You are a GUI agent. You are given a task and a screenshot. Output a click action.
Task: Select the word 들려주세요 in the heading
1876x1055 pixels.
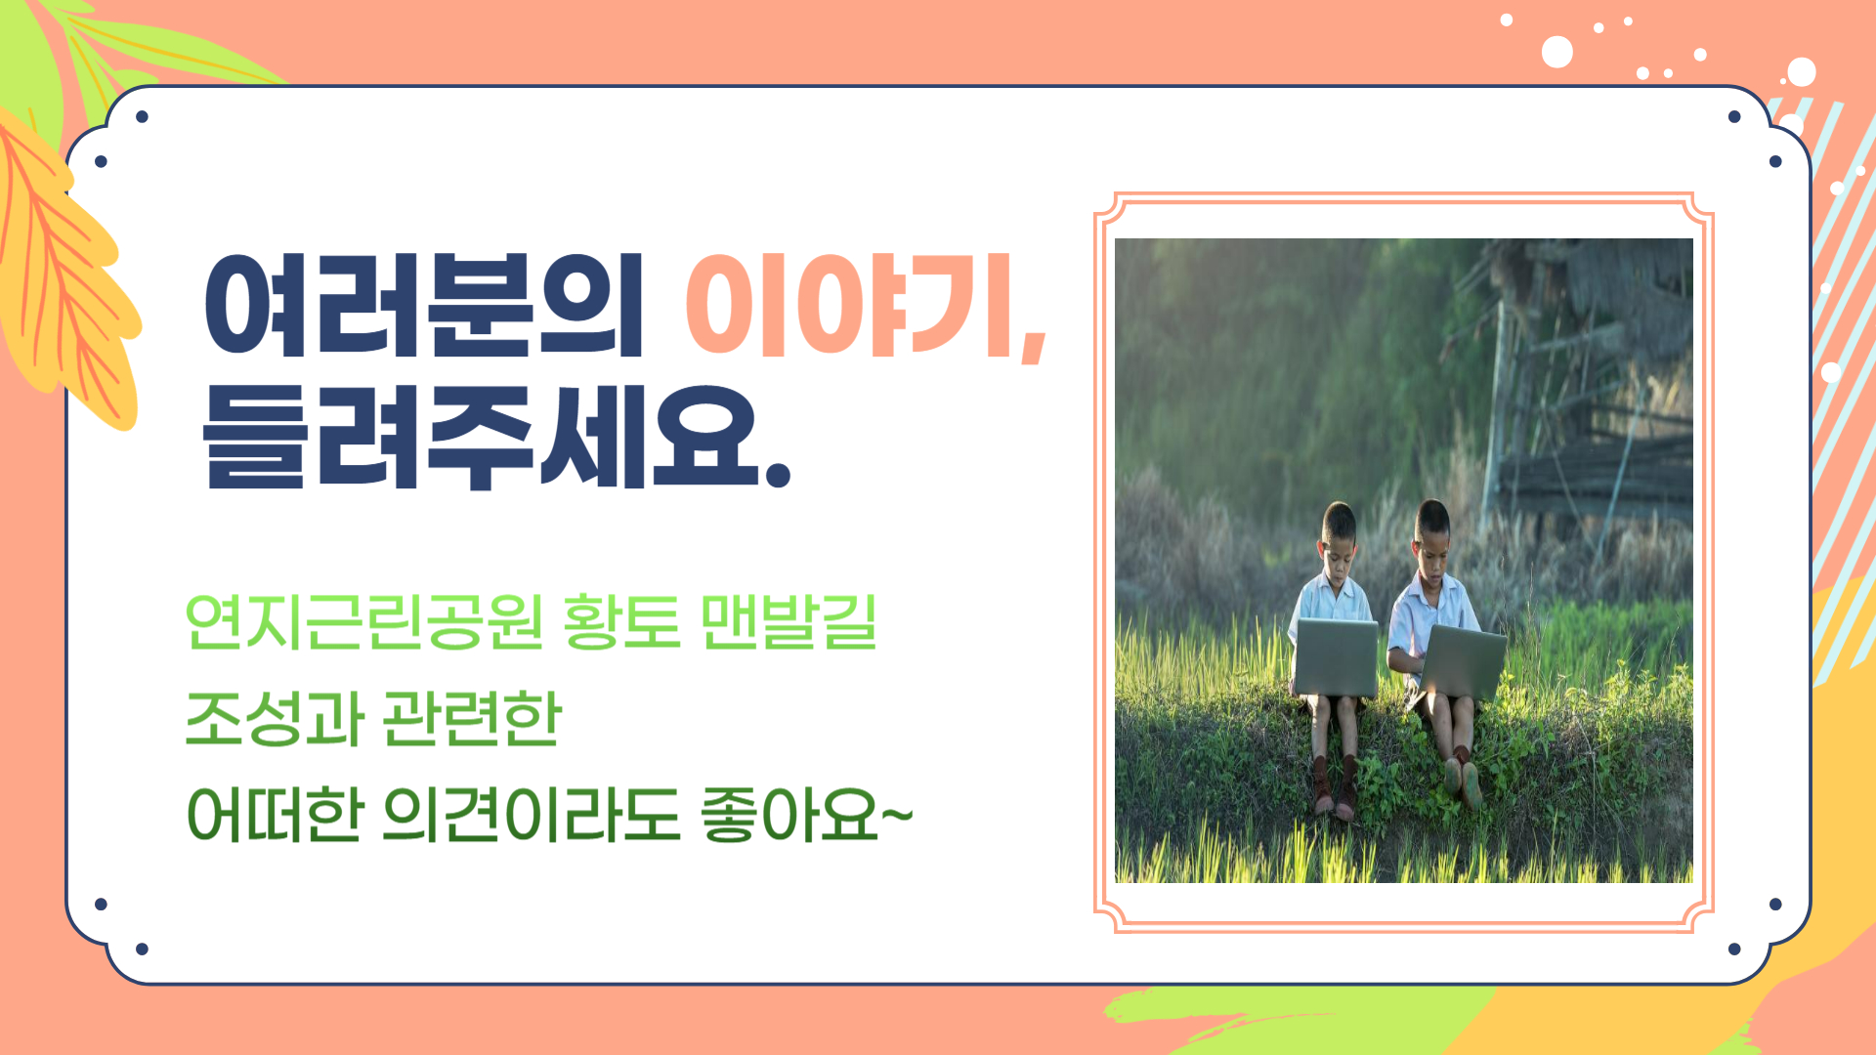click(481, 436)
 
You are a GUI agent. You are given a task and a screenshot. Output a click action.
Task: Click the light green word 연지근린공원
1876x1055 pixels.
click(363, 622)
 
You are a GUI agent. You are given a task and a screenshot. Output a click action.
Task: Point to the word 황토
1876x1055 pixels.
click(621, 622)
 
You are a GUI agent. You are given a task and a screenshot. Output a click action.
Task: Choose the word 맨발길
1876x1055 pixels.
click(789, 622)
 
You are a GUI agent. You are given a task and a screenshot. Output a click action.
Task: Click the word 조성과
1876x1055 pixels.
click(274, 718)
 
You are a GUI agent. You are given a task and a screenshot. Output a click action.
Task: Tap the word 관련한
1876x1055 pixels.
click(472, 718)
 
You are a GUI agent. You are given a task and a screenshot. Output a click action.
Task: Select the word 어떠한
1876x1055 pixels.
click(275, 815)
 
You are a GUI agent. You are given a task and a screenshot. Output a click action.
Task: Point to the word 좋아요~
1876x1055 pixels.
click(806, 815)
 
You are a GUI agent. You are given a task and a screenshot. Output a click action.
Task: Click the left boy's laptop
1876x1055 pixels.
click(1336, 656)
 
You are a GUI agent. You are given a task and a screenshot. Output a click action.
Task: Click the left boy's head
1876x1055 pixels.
click(1340, 536)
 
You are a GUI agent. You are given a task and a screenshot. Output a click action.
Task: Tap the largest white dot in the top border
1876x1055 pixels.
click(1557, 52)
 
